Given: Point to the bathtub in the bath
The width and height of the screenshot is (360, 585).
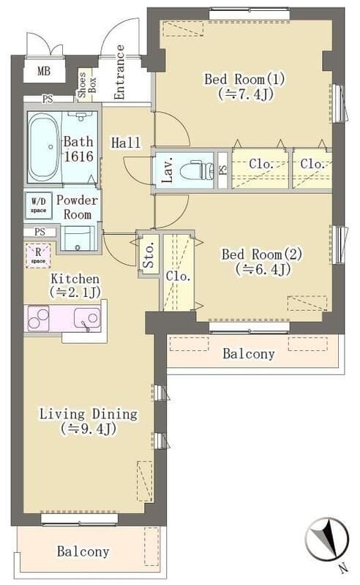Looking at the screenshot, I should tap(43, 146).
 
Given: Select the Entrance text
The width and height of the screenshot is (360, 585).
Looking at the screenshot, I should tap(119, 72).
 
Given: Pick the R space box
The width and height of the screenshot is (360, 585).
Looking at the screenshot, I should tap(37, 257).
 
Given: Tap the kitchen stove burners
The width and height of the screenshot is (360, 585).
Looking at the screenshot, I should tap(40, 319).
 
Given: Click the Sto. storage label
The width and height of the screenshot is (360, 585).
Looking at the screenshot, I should tap(149, 254).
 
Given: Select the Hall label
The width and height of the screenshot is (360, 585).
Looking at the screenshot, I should tap(125, 143).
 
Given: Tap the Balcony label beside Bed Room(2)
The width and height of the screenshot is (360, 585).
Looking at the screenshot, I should tap(248, 354).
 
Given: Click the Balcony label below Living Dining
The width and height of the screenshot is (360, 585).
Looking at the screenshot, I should tap(83, 552).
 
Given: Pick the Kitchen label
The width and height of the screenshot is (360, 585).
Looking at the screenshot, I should tap(75, 285).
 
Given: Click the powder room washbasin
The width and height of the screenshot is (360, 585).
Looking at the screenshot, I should tap(78, 238).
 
